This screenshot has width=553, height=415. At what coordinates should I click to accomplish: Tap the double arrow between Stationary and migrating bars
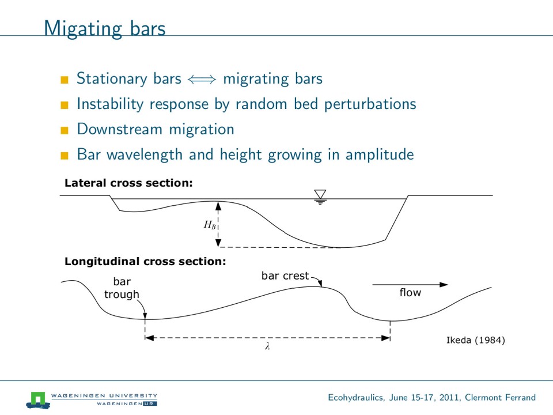coord(202,80)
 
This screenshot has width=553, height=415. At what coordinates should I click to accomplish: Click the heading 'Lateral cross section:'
coord(128,183)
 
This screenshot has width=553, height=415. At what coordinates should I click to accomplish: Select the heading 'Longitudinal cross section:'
coord(145,261)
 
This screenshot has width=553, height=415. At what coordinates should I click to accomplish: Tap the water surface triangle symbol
coord(320,195)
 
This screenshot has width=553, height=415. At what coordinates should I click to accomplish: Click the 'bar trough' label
coord(122,288)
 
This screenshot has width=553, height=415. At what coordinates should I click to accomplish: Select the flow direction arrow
coord(410,284)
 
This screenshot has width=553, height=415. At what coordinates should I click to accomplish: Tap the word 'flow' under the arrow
coord(410,293)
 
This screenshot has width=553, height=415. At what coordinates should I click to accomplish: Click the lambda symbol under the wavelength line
coord(267,348)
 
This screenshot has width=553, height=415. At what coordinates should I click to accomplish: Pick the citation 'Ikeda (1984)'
coord(476,340)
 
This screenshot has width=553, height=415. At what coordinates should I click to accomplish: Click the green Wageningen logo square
coord(38,398)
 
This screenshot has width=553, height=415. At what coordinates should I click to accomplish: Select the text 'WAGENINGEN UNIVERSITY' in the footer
coord(104,395)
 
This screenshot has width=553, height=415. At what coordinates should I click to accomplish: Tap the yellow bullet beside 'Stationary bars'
coord(65,79)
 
